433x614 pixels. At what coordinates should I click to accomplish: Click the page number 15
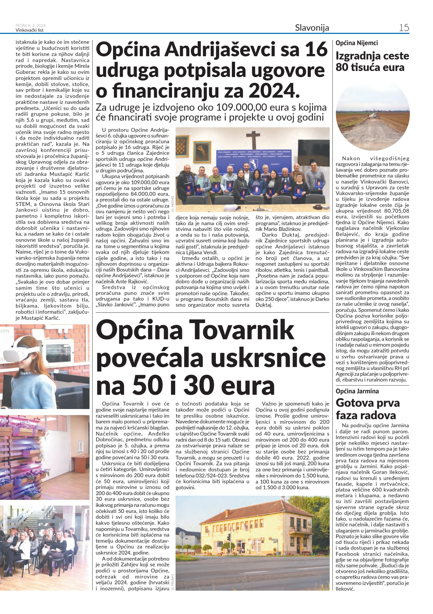click(404, 28)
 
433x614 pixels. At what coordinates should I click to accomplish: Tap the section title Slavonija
click(312, 28)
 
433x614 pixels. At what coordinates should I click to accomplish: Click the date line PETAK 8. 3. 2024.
click(31, 26)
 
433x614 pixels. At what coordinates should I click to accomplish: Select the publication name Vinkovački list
click(29, 30)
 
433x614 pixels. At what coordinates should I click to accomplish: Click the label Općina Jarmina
click(357, 391)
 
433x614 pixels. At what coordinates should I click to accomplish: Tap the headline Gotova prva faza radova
click(367, 409)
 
